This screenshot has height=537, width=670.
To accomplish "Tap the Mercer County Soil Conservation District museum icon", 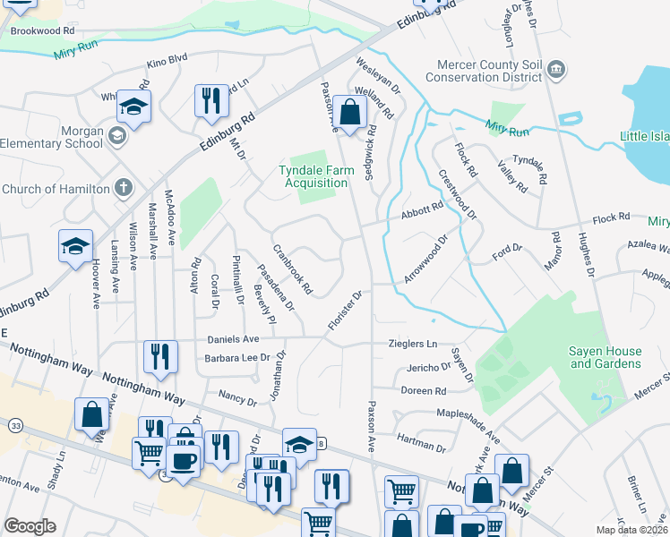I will tap(555, 70).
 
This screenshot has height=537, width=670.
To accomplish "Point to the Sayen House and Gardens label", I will tap(606, 358).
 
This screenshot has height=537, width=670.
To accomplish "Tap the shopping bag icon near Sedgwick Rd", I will tap(352, 114).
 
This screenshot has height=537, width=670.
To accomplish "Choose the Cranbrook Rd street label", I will tap(292, 270).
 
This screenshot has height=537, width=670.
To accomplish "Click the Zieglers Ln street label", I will tap(413, 343).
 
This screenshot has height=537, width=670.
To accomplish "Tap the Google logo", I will tap(30, 526).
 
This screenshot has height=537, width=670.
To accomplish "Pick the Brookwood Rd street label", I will tap(42, 30).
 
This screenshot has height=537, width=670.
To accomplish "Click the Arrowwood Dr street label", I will tap(425, 260).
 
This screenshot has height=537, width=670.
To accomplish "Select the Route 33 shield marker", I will tap(15, 424).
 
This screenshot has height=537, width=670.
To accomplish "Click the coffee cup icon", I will tap(184, 462).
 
